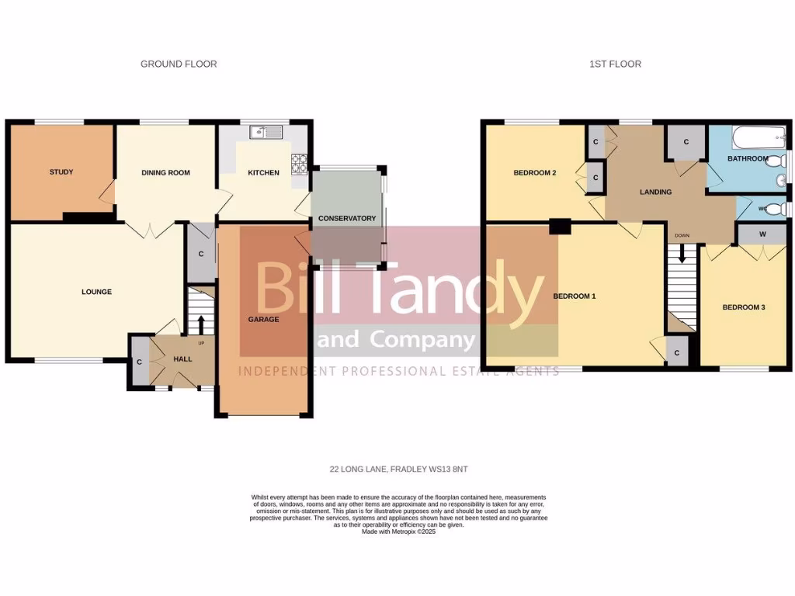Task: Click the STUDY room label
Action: click(61, 172)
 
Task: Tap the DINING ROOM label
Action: click(165, 172)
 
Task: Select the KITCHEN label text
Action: click(263, 172)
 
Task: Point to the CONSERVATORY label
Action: click(347, 218)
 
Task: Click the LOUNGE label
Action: click(97, 292)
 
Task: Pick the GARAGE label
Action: click(263, 319)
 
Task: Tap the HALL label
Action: click(182, 359)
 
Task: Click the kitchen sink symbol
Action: click(264, 133)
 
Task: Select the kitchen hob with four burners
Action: click(300, 164)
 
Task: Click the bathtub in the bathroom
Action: click(758, 139)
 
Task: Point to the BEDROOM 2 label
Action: click(535, 173)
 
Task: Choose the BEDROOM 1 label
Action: click(574, 296)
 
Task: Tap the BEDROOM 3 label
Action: click(744, 307)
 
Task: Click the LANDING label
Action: click(655, 192)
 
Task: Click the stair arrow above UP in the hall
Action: click(200, 322)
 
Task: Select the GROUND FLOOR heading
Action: click(179, 64)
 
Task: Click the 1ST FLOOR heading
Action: click(615, 64)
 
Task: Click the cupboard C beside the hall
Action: click(139, 362)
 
